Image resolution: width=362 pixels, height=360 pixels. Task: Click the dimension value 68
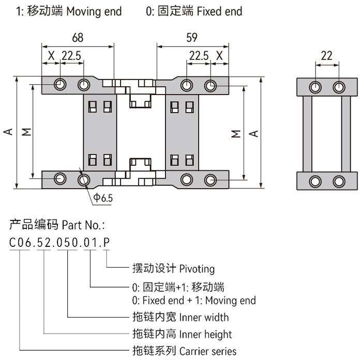point(78,37)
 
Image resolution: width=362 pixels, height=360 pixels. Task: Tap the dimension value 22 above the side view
point(326,56)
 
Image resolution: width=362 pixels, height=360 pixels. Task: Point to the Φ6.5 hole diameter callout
point(103,197)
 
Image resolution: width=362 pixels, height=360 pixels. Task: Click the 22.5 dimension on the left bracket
point(72,55)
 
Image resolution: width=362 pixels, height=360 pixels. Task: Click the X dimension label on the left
point(51,55)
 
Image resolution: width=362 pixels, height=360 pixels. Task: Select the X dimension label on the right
point(220,55)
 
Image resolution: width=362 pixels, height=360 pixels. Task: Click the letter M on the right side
point(236,133)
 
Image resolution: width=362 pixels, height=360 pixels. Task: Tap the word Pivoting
point(197,269)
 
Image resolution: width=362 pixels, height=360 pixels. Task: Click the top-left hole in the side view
point(314,86)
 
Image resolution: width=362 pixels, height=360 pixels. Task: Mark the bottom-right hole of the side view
point(339,181)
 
